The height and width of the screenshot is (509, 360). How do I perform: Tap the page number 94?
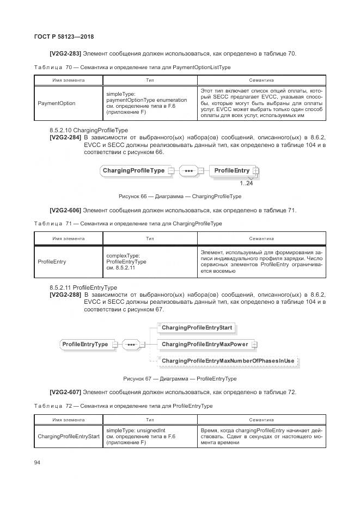coord(38,462)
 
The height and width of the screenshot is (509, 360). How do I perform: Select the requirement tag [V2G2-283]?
coord(65,54)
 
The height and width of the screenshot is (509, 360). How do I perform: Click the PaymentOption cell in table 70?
coord(57,103)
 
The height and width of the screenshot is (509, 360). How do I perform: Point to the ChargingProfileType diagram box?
coord(133,171)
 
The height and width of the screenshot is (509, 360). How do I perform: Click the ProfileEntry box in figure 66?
coord(232,171)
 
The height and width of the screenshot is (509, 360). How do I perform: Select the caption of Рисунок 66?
coord(180,196)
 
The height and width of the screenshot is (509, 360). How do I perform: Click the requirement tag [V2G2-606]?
coord(65,210)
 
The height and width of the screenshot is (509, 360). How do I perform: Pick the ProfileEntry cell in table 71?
coord(52,261)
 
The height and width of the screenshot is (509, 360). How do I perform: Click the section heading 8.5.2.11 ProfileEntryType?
coord(83,287)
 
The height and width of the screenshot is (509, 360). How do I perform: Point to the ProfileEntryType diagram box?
coord(85,344)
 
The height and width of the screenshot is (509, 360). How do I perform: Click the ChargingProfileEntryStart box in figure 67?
coord(197,328)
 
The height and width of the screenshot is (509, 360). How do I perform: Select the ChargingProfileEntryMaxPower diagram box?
coord(204,344)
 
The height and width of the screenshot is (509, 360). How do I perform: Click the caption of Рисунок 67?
coord(180,378)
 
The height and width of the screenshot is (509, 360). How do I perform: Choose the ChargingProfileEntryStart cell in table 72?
coord(69,436)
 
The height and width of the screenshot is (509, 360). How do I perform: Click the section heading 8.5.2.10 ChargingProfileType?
coord(88,131)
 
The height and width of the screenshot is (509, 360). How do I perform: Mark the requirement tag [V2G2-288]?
coord(65,295)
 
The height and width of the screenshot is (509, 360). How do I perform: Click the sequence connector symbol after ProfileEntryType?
coord(131,344)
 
